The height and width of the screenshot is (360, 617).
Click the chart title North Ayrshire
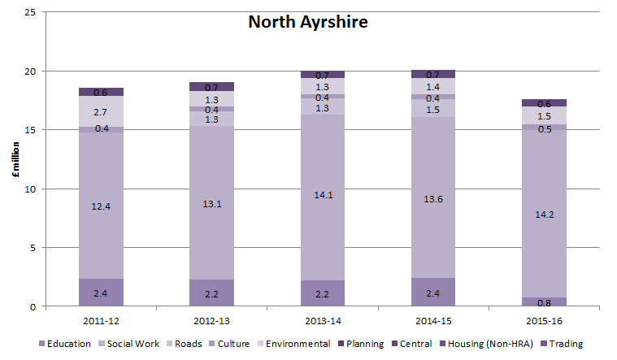click(x=307, y=22)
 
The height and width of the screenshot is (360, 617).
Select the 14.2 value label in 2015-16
click(x=544, y=215)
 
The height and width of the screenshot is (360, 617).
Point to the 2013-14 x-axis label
click(x=322, y=320)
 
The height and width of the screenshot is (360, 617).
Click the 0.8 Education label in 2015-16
click(x=544, y=302)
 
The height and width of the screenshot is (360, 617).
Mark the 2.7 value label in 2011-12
click(x=101, y=112)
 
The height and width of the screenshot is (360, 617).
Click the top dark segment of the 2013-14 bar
click(x=322, y=75)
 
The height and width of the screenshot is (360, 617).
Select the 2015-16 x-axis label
click(x=544, y=320)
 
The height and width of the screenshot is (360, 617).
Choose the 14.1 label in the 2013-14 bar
click(x=322, y=194)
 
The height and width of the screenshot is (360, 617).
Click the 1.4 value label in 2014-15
click(x=433, y=85)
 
